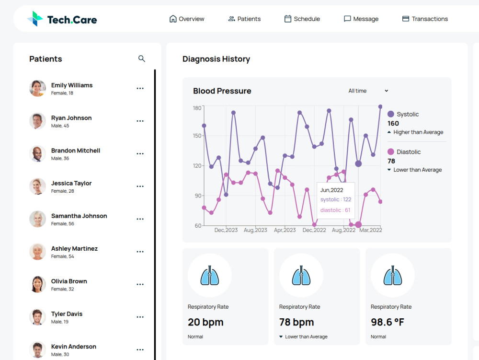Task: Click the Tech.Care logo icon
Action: pyautogui.click(x=35, y=19)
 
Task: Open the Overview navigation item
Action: pyautogui.click(x=187, y=19)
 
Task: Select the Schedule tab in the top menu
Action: pyautogui.click(x=302, y=19)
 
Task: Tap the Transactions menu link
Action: pyautogui.click(x=425, y=19)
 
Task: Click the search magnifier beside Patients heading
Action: pyautogui.click(x=141, y=58)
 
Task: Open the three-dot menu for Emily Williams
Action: pyautogui.click(x=140, y=88)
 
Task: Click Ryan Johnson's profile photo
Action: pyautogui.click(x=37, y=121)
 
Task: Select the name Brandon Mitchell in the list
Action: pyautogui.click(x=76, y=151)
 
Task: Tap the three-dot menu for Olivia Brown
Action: pyautogui.click(x=140, y=284)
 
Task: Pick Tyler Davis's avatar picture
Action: pyautogui.click(x=37, y=317)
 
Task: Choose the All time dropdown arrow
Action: pyautogui.click(x=387, y=91)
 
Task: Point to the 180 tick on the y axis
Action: pyautogui.click(x=197, y=108)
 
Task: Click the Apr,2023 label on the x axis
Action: pyautogui.click(x=285, y=230)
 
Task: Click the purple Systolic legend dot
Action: pyautogui.click(x=391, y=114)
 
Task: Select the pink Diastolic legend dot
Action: pyautogui.click(x=391, y=151)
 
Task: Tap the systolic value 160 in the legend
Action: pyautogui.click(x=393, y=123)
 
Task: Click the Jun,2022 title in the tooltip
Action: pyautogui.click(x=331, y=190)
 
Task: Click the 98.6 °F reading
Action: pyautogui.click(x=388, y=322)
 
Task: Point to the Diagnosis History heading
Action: pyautogui.click(x=216, y=59)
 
